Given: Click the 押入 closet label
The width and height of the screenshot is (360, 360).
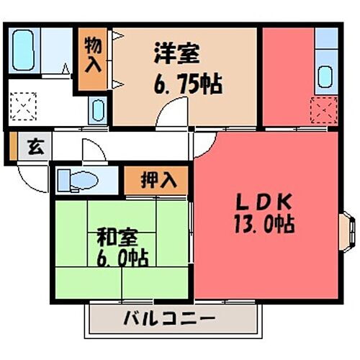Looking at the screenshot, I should tap(158, 179).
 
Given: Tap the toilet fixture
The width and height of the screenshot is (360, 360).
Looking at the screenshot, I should tap(73, 179).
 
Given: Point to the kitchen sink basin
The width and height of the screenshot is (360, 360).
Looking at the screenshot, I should tap(325, 75).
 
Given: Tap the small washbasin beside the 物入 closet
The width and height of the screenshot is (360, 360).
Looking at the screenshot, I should tap(96, 111).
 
